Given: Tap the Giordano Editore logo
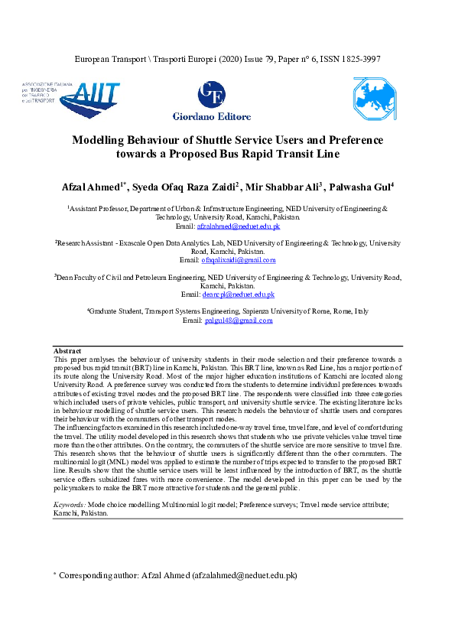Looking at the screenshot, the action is (213, 101).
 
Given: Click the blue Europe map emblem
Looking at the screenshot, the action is (374, 99).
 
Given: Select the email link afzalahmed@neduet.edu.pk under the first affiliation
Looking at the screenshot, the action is (238, 226).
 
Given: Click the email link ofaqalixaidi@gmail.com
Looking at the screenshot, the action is (238, 260).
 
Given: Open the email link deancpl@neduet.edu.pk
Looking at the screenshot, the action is (238, 294).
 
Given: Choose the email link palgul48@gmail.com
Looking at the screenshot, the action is (239, 320).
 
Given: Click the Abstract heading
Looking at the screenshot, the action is (67, 350).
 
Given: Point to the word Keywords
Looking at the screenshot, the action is (70, 505).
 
